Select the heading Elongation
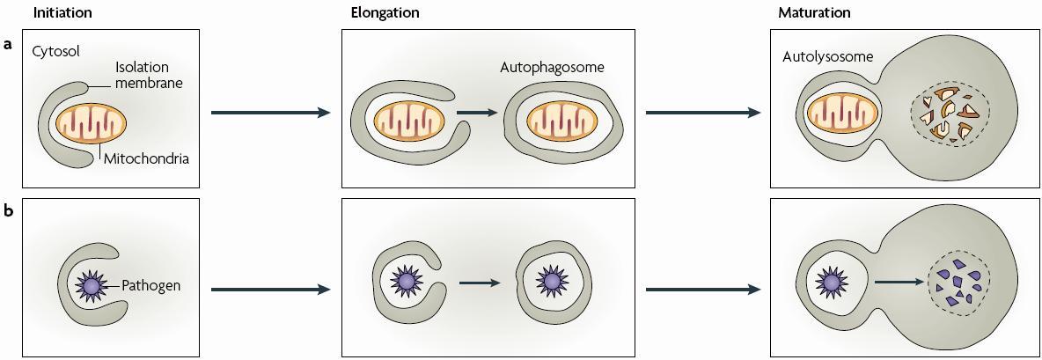pyautogui.click(x=385, y=12)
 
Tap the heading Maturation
pyautogui.click(x=814, y=12)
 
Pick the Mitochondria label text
pyautogui.click(x=145, y=159)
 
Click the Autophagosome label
pyautogui.click(x=552, y=67)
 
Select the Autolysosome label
pyautogui.click(x=827, y=56)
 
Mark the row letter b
pyautogui.click(x=8, y=212)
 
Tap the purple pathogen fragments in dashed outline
pyautogui.click(x=960, y=283)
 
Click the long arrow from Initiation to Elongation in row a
pyautogui.click(x=269, y=113)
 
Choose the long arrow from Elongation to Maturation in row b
pyautogui.click(x=702, y=288)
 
